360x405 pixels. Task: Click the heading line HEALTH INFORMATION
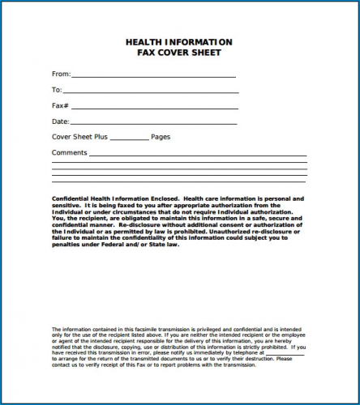click(x=178, y=42)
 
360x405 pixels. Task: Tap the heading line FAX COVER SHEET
click(x=178, y=53)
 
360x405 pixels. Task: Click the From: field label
click(x=61, y=74)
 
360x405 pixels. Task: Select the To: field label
click(x=57, y=90)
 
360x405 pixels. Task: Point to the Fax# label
click(x=60, y=106)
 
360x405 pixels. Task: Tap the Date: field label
click(x=61, y=122)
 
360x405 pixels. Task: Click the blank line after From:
click(x=154, y=75)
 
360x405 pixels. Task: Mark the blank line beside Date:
click(x=154, y=123)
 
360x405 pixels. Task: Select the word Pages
click(x=161, y=137)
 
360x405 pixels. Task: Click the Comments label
click(x=69, y=152)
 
